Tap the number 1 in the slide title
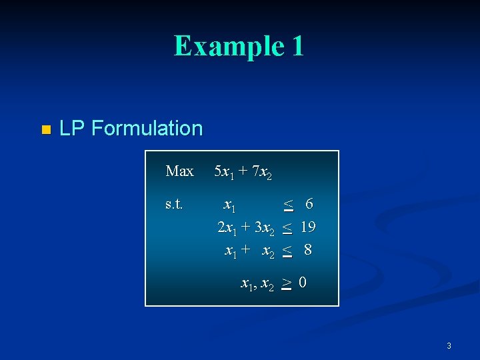(x=297, y=46)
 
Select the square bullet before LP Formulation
(x=45, y=129)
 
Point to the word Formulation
(x=147, y=128)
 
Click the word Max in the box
(x=179, y=171)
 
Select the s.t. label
(x=175, y=203)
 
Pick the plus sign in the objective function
(x=241, y=172)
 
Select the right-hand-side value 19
(x=307, y=227)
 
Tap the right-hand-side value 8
(x=307, y=251)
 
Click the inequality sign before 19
(x=287, y=228)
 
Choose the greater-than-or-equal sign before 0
(x=286, y=283)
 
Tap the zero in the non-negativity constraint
(x=303, y=283)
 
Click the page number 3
(x=449, y=345)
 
